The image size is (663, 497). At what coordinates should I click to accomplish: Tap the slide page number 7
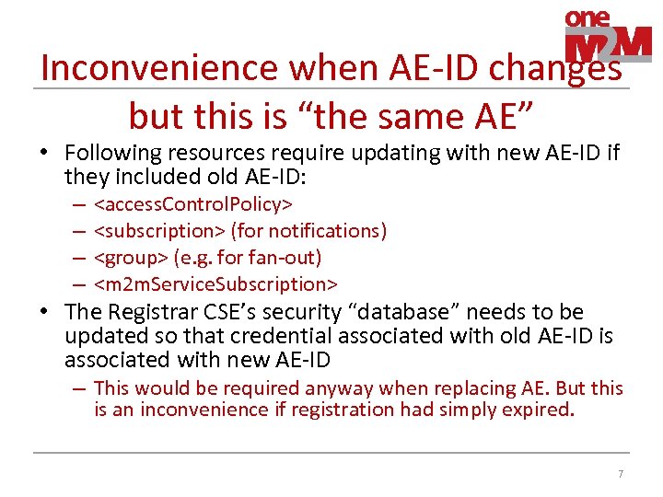pos(621,474)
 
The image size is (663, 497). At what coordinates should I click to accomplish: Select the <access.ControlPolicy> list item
pos(194,202)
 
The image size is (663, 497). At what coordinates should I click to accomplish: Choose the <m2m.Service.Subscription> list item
pos(216,283)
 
